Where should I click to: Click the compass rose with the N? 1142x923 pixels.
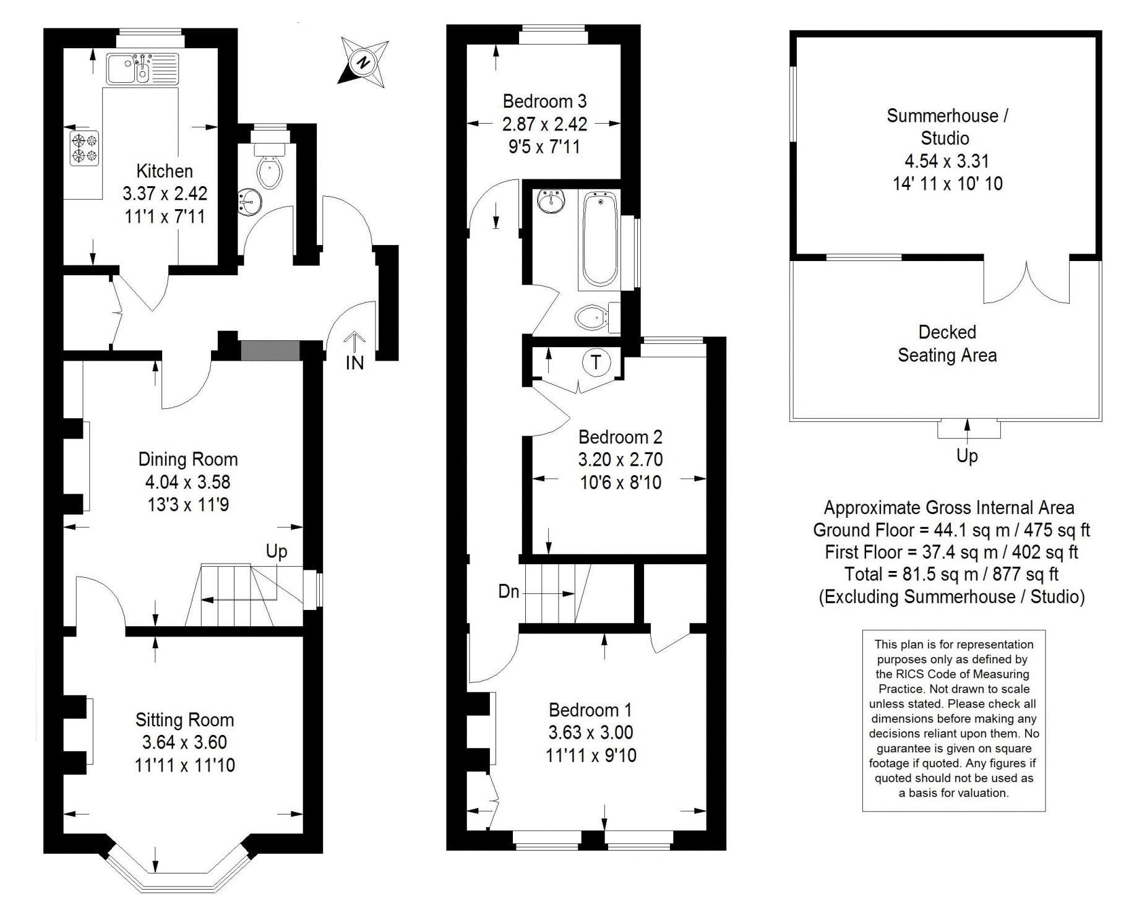coord(364,62)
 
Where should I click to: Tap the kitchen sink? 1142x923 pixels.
coord(142,69)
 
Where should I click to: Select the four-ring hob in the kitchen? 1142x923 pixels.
coord(84,147)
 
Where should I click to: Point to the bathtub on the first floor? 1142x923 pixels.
coord(599,239)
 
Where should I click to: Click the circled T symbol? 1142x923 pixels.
coord(596,361)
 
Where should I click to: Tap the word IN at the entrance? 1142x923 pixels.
coord(354,363)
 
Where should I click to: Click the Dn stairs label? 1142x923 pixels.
coord(509,592)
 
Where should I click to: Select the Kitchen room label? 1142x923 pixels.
coord(165,171)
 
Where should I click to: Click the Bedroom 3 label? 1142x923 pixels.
coord(544,101)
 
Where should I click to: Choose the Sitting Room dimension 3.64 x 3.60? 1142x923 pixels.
coord(184,742)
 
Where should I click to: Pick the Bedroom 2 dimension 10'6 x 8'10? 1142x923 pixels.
coord(620,483)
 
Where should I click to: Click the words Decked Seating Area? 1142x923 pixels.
coord(947,344)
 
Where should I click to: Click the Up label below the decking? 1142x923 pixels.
coord(967,456)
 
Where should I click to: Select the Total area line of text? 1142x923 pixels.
coord(951,574)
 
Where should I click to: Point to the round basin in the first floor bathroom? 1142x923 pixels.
coord(550,201)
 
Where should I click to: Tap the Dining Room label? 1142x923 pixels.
coord(188,459)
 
